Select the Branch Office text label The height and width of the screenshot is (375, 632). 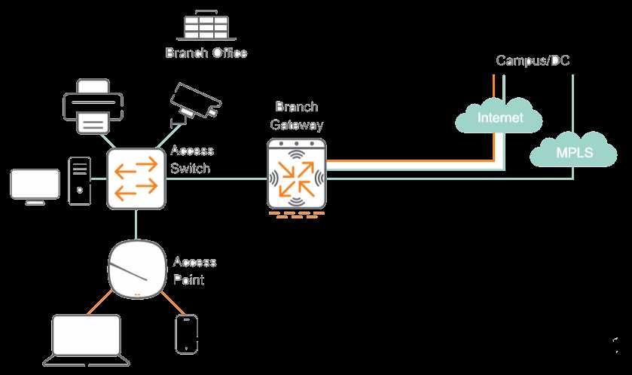(x=206, y=53)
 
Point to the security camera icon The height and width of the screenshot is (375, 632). (x=194, y=102)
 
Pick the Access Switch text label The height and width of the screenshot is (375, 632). (x=192, y=160)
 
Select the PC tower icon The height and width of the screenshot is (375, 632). (x=79, y=181)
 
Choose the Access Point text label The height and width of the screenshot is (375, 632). (x=194, y=270)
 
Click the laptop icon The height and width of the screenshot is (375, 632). (x=86, y=342)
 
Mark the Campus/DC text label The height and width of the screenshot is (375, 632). (x=533, y=60)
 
